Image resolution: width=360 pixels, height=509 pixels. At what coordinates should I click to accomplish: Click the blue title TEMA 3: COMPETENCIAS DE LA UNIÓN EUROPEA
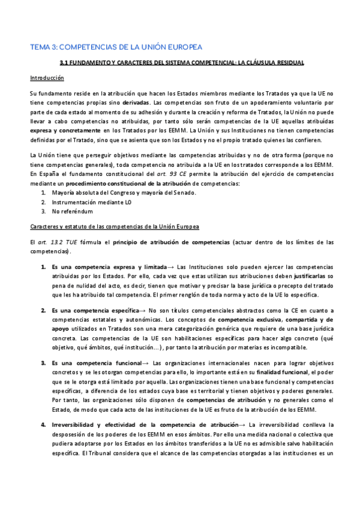point(116,47)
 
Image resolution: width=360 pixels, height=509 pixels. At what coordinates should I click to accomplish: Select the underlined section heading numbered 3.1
point(182,62)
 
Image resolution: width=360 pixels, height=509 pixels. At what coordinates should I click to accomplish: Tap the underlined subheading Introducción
point(47,78)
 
